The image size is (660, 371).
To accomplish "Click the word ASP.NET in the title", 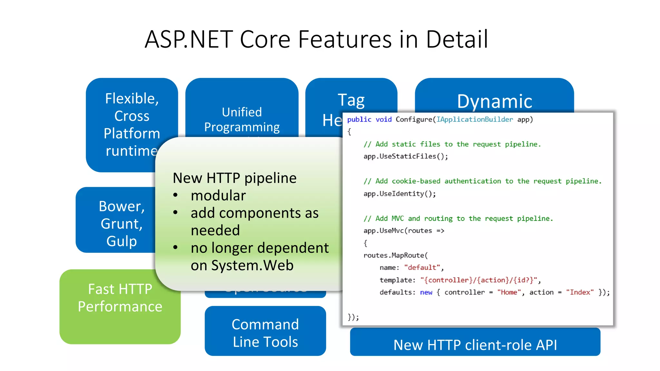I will coord(189,39).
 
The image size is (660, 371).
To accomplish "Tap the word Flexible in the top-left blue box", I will coord(131,99).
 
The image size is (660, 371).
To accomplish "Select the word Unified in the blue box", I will coord(242,112).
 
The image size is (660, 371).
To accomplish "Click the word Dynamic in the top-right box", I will coord(494,101).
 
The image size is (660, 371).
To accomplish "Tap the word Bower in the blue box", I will coord(121,206).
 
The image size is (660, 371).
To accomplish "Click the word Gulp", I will coord(121,241).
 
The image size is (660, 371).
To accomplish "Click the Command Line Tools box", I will coord(265,332).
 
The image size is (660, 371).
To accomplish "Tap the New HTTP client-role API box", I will coord(475,345).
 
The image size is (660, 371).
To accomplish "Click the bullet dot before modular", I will coord(175,195).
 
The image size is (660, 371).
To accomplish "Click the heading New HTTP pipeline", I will coord(234,178).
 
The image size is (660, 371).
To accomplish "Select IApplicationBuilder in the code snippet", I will coord(474,119).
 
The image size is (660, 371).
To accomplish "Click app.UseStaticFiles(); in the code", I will coord(405,157).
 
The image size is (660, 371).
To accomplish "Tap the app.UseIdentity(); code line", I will coord(400,194).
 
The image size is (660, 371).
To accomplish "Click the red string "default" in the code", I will coord(422,268).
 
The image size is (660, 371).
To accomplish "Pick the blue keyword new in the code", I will coord(426,292).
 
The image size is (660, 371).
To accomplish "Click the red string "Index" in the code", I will coord(580,292).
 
